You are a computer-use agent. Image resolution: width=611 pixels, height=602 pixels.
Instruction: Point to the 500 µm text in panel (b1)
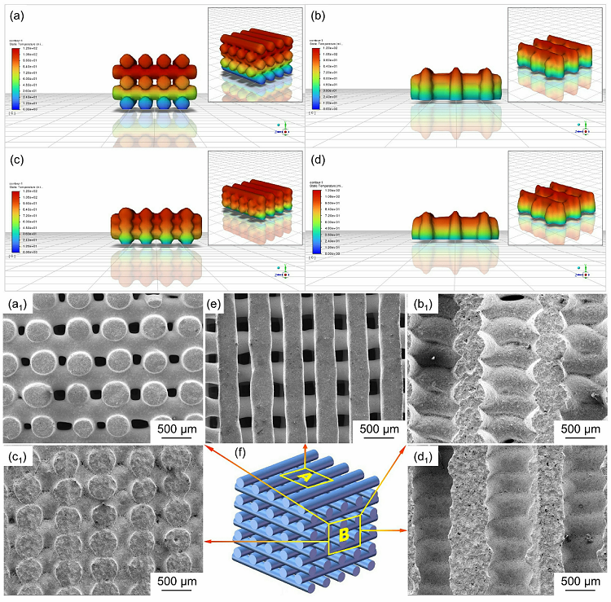click(x=580, y=428)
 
